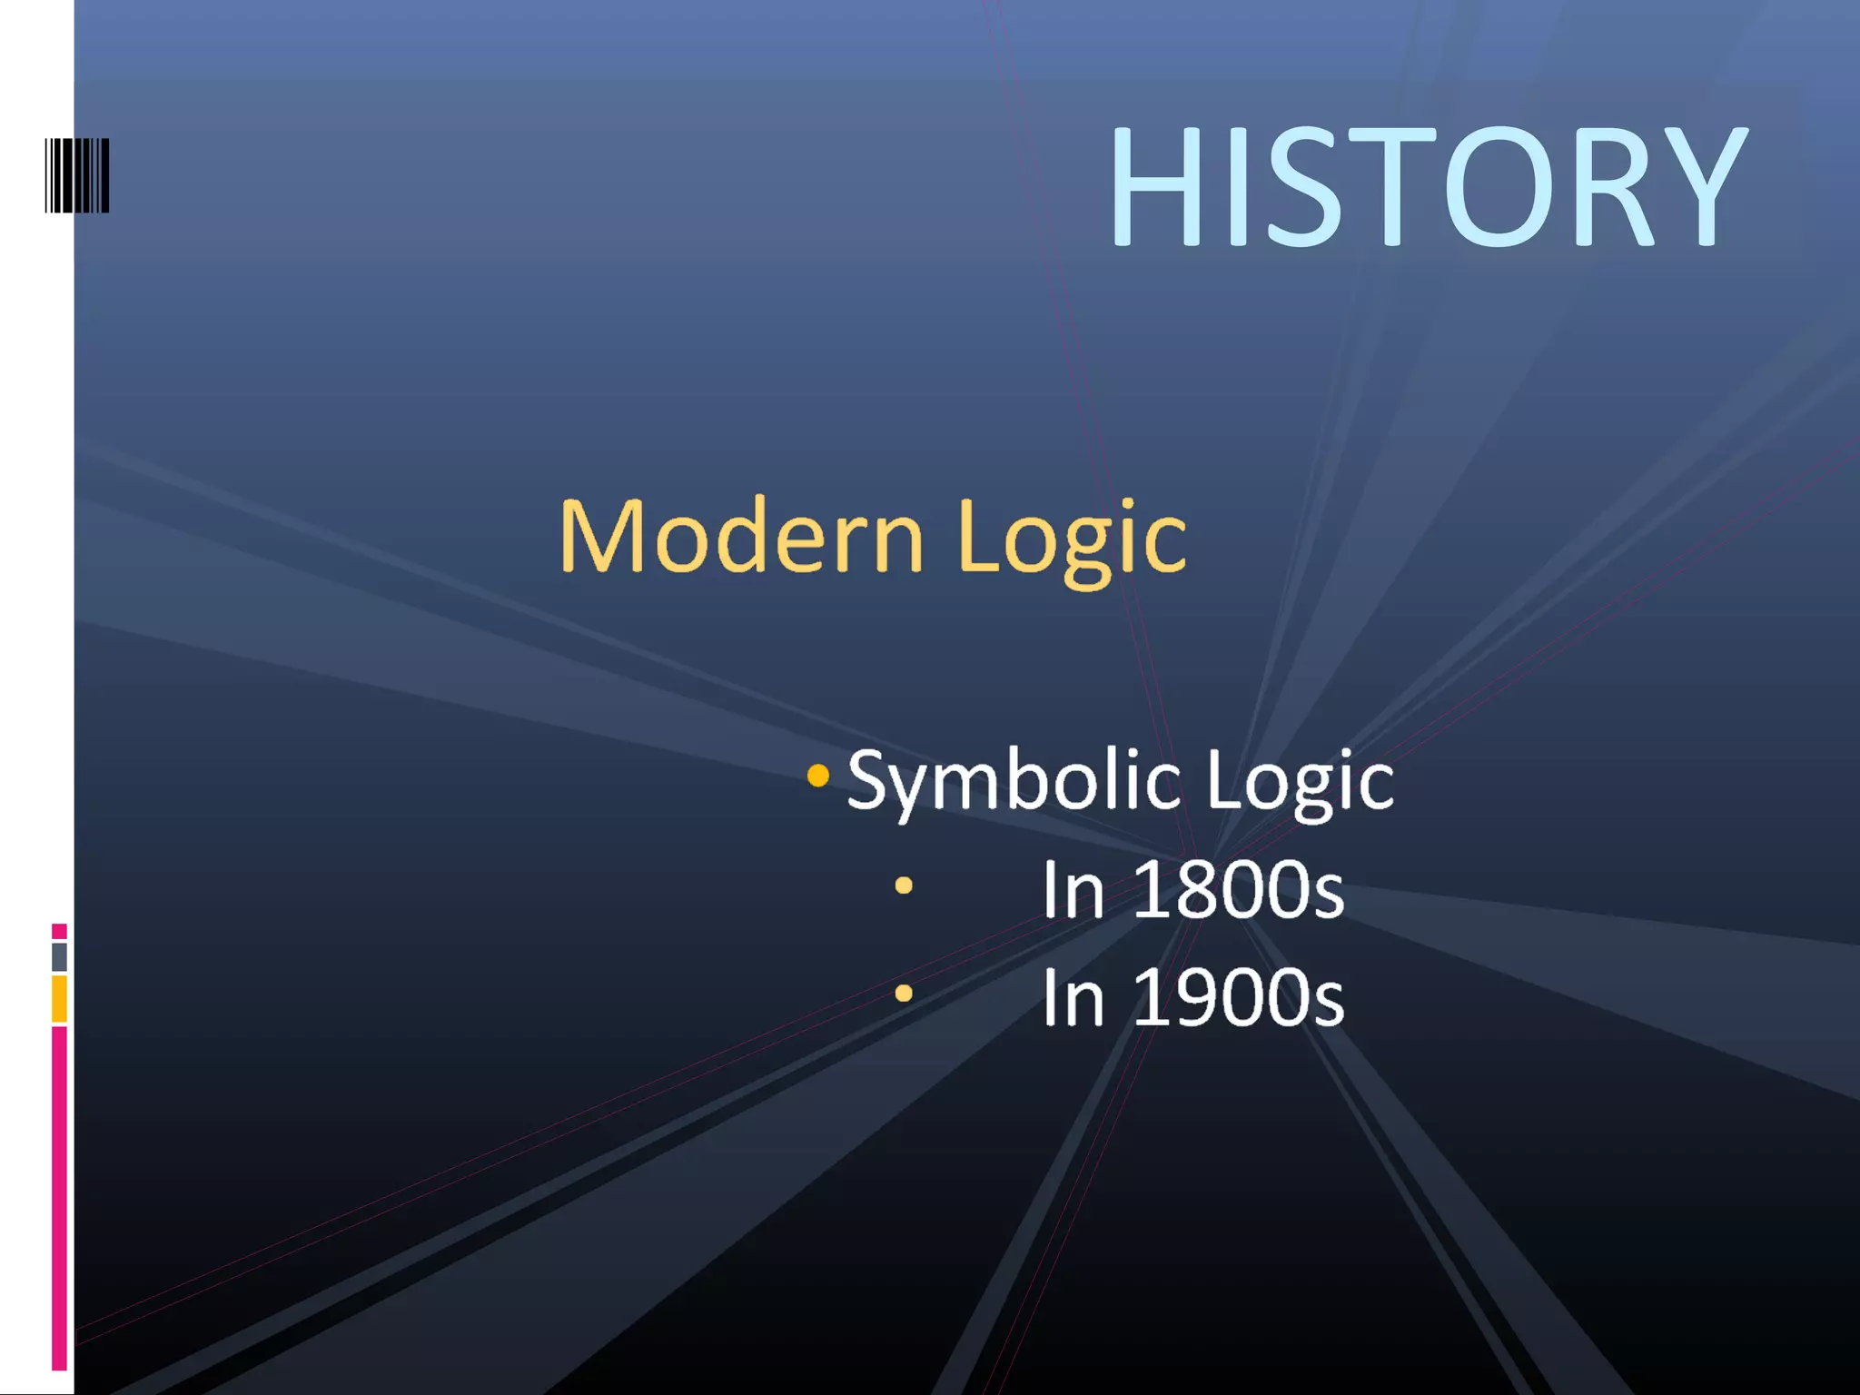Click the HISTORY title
[1427, 186]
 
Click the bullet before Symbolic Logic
[817, 776]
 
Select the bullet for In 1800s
[903, 885]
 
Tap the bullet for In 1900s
[903, 994]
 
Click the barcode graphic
[77, 175]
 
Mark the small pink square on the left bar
[59, 931]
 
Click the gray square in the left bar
[59, 956]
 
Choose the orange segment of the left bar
[59, 998]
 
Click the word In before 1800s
[1072, 890]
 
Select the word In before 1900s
[1072, 998]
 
